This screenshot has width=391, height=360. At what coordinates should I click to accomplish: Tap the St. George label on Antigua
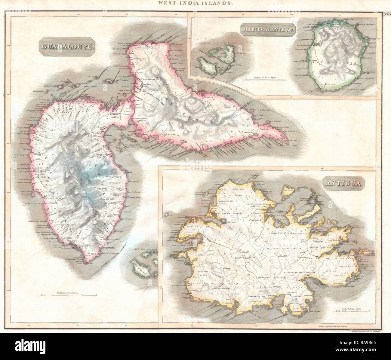pos(254,223)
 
